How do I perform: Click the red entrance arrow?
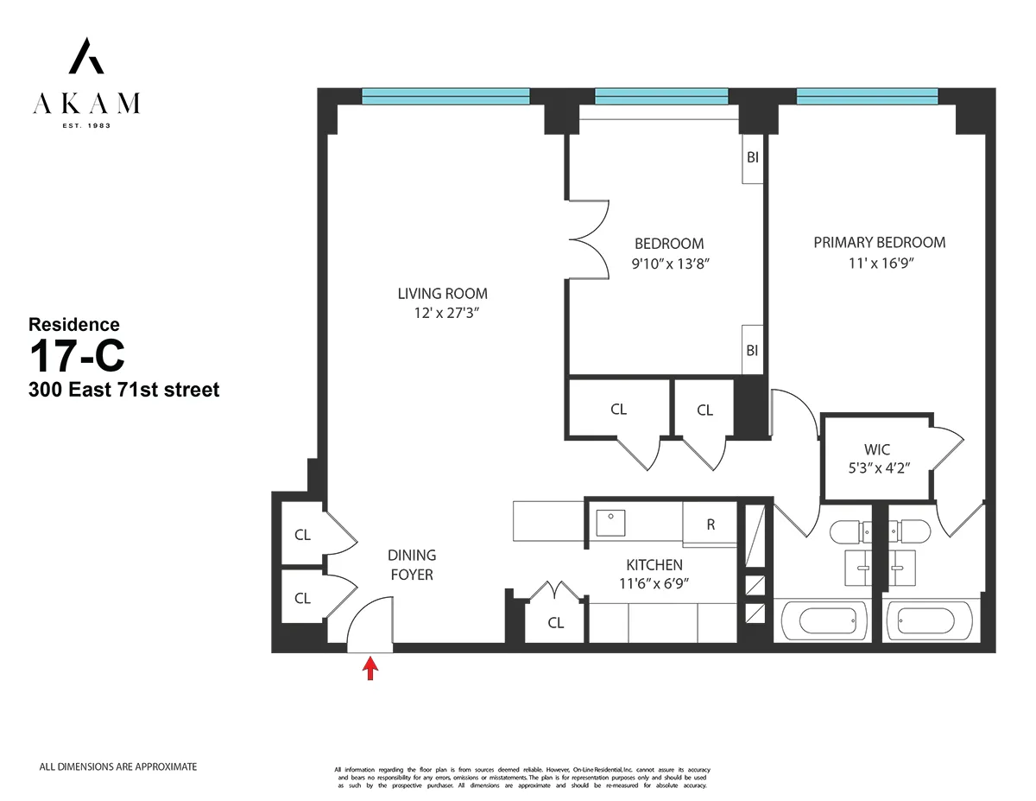(370, 669)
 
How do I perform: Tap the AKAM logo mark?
(86, 56)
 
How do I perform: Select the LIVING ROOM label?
(442, 294)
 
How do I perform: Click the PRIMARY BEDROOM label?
(879, 243)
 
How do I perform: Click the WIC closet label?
(876, 449)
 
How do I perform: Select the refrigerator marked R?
(711, 524)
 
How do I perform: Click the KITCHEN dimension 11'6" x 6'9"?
(654, 583)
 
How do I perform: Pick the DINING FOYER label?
(412, 564)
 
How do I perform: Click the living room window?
(445, 96)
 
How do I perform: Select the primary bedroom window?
(867, 96)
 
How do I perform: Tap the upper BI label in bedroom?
(752, 159)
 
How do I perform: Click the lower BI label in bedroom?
(752, 350)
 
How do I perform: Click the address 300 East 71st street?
(123, 390)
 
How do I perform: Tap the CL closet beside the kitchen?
(555, 623)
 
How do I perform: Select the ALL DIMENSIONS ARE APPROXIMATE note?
(118, 766)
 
